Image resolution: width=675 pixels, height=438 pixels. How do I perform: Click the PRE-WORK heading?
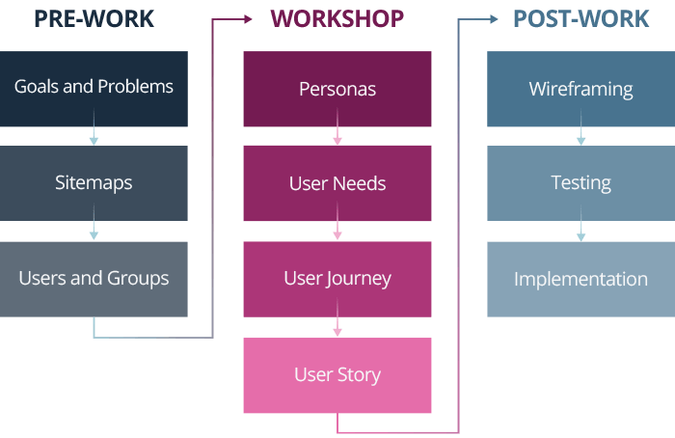click(x=94, y=19)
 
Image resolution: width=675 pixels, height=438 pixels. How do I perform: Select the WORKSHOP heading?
click(x=337, y=19)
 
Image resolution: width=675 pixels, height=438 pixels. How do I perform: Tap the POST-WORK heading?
click(x=580, y=19)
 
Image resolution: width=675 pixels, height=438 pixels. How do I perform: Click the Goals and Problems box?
click(x=94, y=88)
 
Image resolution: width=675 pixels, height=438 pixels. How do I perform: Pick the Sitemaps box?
click(x=94, y=183)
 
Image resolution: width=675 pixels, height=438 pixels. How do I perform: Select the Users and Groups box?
click(x=94, y=279)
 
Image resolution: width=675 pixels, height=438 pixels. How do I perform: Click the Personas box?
click(x=337, y=90)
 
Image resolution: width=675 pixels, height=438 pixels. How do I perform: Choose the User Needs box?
click(x=337, y=183)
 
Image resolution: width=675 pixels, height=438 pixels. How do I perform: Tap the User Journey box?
click(x=337, y=279)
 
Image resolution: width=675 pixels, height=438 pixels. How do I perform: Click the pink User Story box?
click(x=337, y=375)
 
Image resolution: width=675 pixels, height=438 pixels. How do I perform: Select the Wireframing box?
click(x=580, y=90)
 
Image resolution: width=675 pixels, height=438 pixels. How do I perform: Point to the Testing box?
click(x=580, y=183)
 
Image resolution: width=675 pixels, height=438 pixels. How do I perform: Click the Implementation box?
click(x=580, y=279)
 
